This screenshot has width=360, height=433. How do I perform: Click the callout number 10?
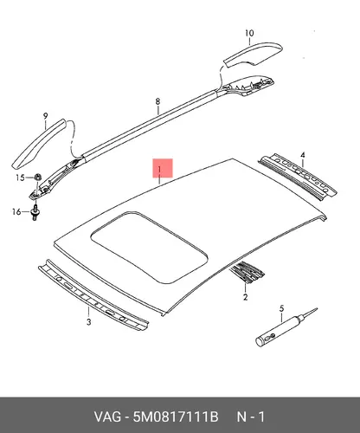point(249,33)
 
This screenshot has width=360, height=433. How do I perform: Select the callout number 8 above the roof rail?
point(157,101)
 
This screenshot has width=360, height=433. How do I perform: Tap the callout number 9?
point(46,116)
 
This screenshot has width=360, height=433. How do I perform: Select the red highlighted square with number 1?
point(163,168)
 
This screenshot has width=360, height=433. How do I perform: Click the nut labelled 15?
point(37,176)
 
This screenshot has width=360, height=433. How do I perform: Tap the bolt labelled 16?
point(35,213)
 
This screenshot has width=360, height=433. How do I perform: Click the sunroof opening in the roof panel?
point(149,247)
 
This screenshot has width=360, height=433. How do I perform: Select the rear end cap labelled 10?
point(254,55)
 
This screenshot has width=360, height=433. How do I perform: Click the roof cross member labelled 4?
point(298,178)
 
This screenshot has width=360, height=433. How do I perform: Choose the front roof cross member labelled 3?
point(93,294)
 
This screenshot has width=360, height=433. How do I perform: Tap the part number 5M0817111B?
point(176,417)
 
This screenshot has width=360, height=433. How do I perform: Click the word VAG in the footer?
point(107,417)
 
